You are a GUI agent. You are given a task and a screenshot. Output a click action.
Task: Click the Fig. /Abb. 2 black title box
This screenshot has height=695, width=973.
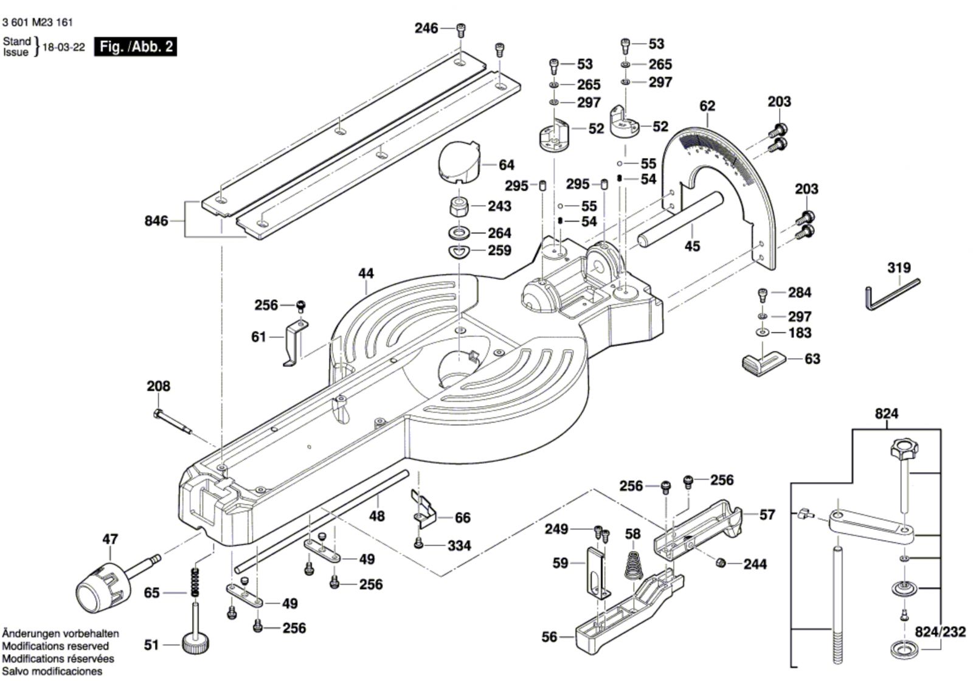pyautogui.click(x=135, y=46)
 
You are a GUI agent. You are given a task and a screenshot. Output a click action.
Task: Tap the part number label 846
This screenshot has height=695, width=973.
pyautogui.click(x=156, y=221)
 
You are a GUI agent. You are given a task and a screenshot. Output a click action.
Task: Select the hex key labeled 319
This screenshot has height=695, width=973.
pyautogui.click(x=892, y=295)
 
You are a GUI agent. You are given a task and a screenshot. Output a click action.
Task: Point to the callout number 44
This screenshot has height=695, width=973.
pyautogui.click(x=365, y=273)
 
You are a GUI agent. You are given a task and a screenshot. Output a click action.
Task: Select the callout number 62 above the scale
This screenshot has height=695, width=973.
pyautogui.click(x=707, y=106)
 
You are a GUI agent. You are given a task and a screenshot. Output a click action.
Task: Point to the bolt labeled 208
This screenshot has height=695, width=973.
pyautogui.click(x=173, y=421)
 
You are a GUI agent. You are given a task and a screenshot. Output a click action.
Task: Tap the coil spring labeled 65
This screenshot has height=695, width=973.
pyautogui.click(x=196, y=582)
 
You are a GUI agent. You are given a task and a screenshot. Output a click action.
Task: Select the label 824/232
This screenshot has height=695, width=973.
pyautogui.click(x=940, y=631)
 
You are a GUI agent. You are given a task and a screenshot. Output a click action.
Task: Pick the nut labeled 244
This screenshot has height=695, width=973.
pyautogui.click(x=720, y=563)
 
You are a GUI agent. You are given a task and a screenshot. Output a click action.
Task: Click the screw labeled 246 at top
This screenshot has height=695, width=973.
pyautogui.click(x=461, y=31)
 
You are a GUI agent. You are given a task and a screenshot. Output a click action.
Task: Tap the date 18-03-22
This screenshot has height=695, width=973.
pyautogui.click(x=64, y=47)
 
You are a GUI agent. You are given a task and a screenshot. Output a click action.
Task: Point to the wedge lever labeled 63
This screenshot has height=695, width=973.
pyautogui.click(x=763, y=363)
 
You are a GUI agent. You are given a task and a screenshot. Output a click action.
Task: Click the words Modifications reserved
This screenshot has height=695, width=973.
pyautogui.click(x=55, y=646)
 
